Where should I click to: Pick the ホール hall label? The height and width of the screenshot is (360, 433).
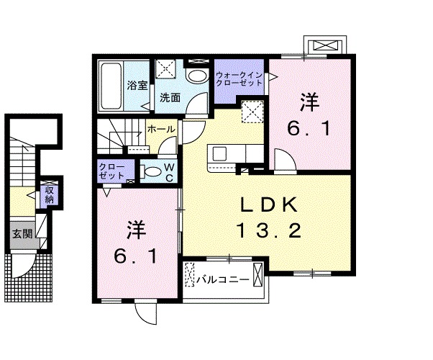coord(160,129)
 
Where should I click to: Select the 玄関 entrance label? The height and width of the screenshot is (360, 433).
coord(22,233)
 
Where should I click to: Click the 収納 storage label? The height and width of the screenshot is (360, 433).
coord(49,194)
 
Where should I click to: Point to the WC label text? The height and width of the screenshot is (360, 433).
coord(168,173)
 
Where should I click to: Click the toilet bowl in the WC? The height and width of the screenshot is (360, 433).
coord(151,172)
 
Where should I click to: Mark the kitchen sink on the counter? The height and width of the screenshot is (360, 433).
coord(218,153)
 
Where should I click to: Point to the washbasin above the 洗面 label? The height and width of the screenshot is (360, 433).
coord(195,76)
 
